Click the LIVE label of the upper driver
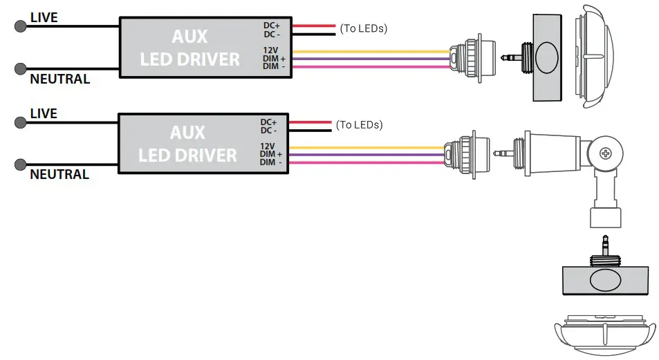pos(44,16)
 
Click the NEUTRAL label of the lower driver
pos(59,174)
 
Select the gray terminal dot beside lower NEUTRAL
pos(20,164)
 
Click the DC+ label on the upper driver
pos(271,26)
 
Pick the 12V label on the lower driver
pos(268,146)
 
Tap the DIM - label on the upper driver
pos(274,66)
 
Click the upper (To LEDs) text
pos(363,28)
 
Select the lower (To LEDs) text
pos(359,125)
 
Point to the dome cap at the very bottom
pos(605,334)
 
